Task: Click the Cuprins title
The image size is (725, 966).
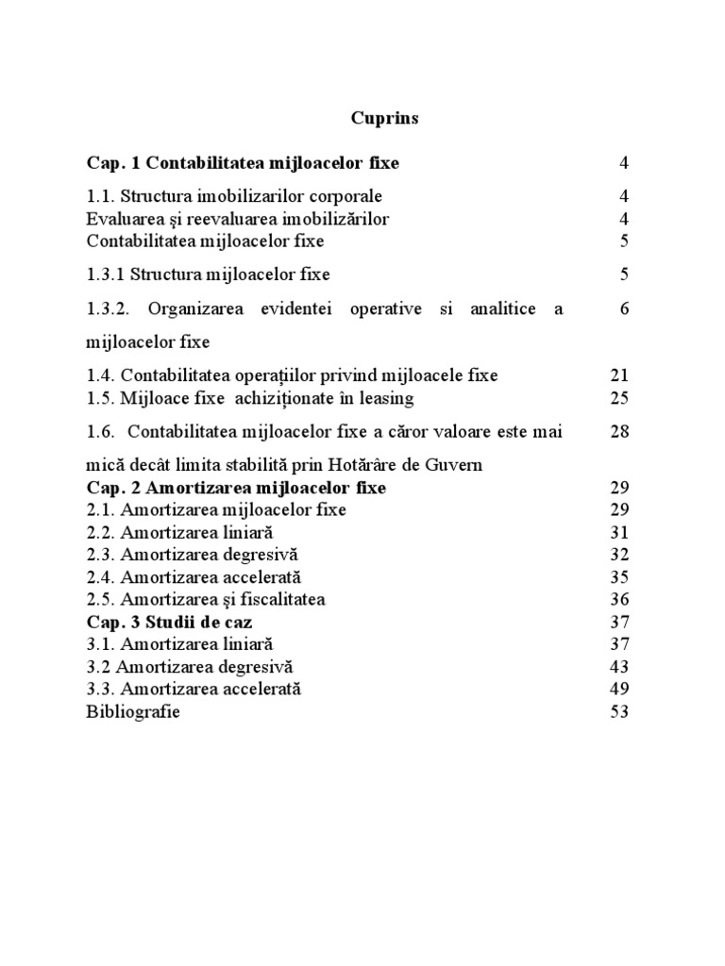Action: (x=384, y=119)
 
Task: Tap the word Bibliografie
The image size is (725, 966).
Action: (x=133, y=712)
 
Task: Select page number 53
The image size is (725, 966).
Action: (x=619, y=712)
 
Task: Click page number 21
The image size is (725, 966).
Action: (x=619, y=375)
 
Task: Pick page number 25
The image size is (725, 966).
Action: (x=619, y=398)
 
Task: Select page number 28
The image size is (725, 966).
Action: (x=619, y=432)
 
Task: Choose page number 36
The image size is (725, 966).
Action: (x=619, y=599)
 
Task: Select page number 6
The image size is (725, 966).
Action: (x=624, y=308)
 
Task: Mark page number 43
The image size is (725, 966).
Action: (x=619, y=667)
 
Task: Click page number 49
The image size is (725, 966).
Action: (x=619, y=690)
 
